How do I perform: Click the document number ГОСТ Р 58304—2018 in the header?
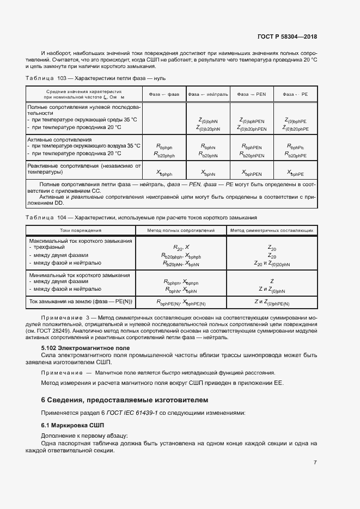286,37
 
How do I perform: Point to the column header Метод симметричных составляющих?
271,230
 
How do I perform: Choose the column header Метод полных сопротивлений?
181,230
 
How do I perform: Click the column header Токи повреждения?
81,230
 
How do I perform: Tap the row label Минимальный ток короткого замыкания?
80,275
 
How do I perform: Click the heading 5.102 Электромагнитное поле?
86,347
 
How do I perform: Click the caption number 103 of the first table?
69,78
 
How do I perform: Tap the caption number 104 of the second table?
69,217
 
